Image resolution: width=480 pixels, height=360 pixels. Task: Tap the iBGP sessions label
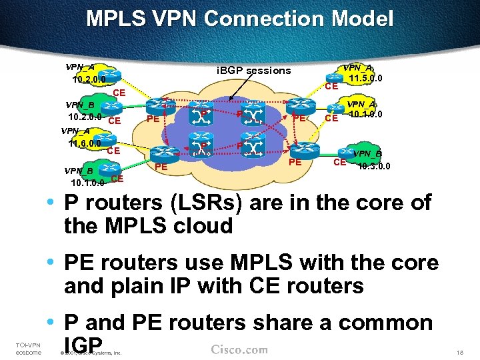[254, 70]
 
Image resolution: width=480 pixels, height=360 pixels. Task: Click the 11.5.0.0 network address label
[366, 79]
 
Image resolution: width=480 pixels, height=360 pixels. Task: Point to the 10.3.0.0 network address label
[374, 166]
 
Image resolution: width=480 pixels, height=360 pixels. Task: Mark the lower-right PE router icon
[297, 147]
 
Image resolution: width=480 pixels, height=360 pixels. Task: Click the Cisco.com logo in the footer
[239, 350]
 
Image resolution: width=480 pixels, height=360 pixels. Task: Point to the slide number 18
[459, 352]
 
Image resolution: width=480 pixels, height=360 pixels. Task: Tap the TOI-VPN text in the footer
[27, 344]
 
